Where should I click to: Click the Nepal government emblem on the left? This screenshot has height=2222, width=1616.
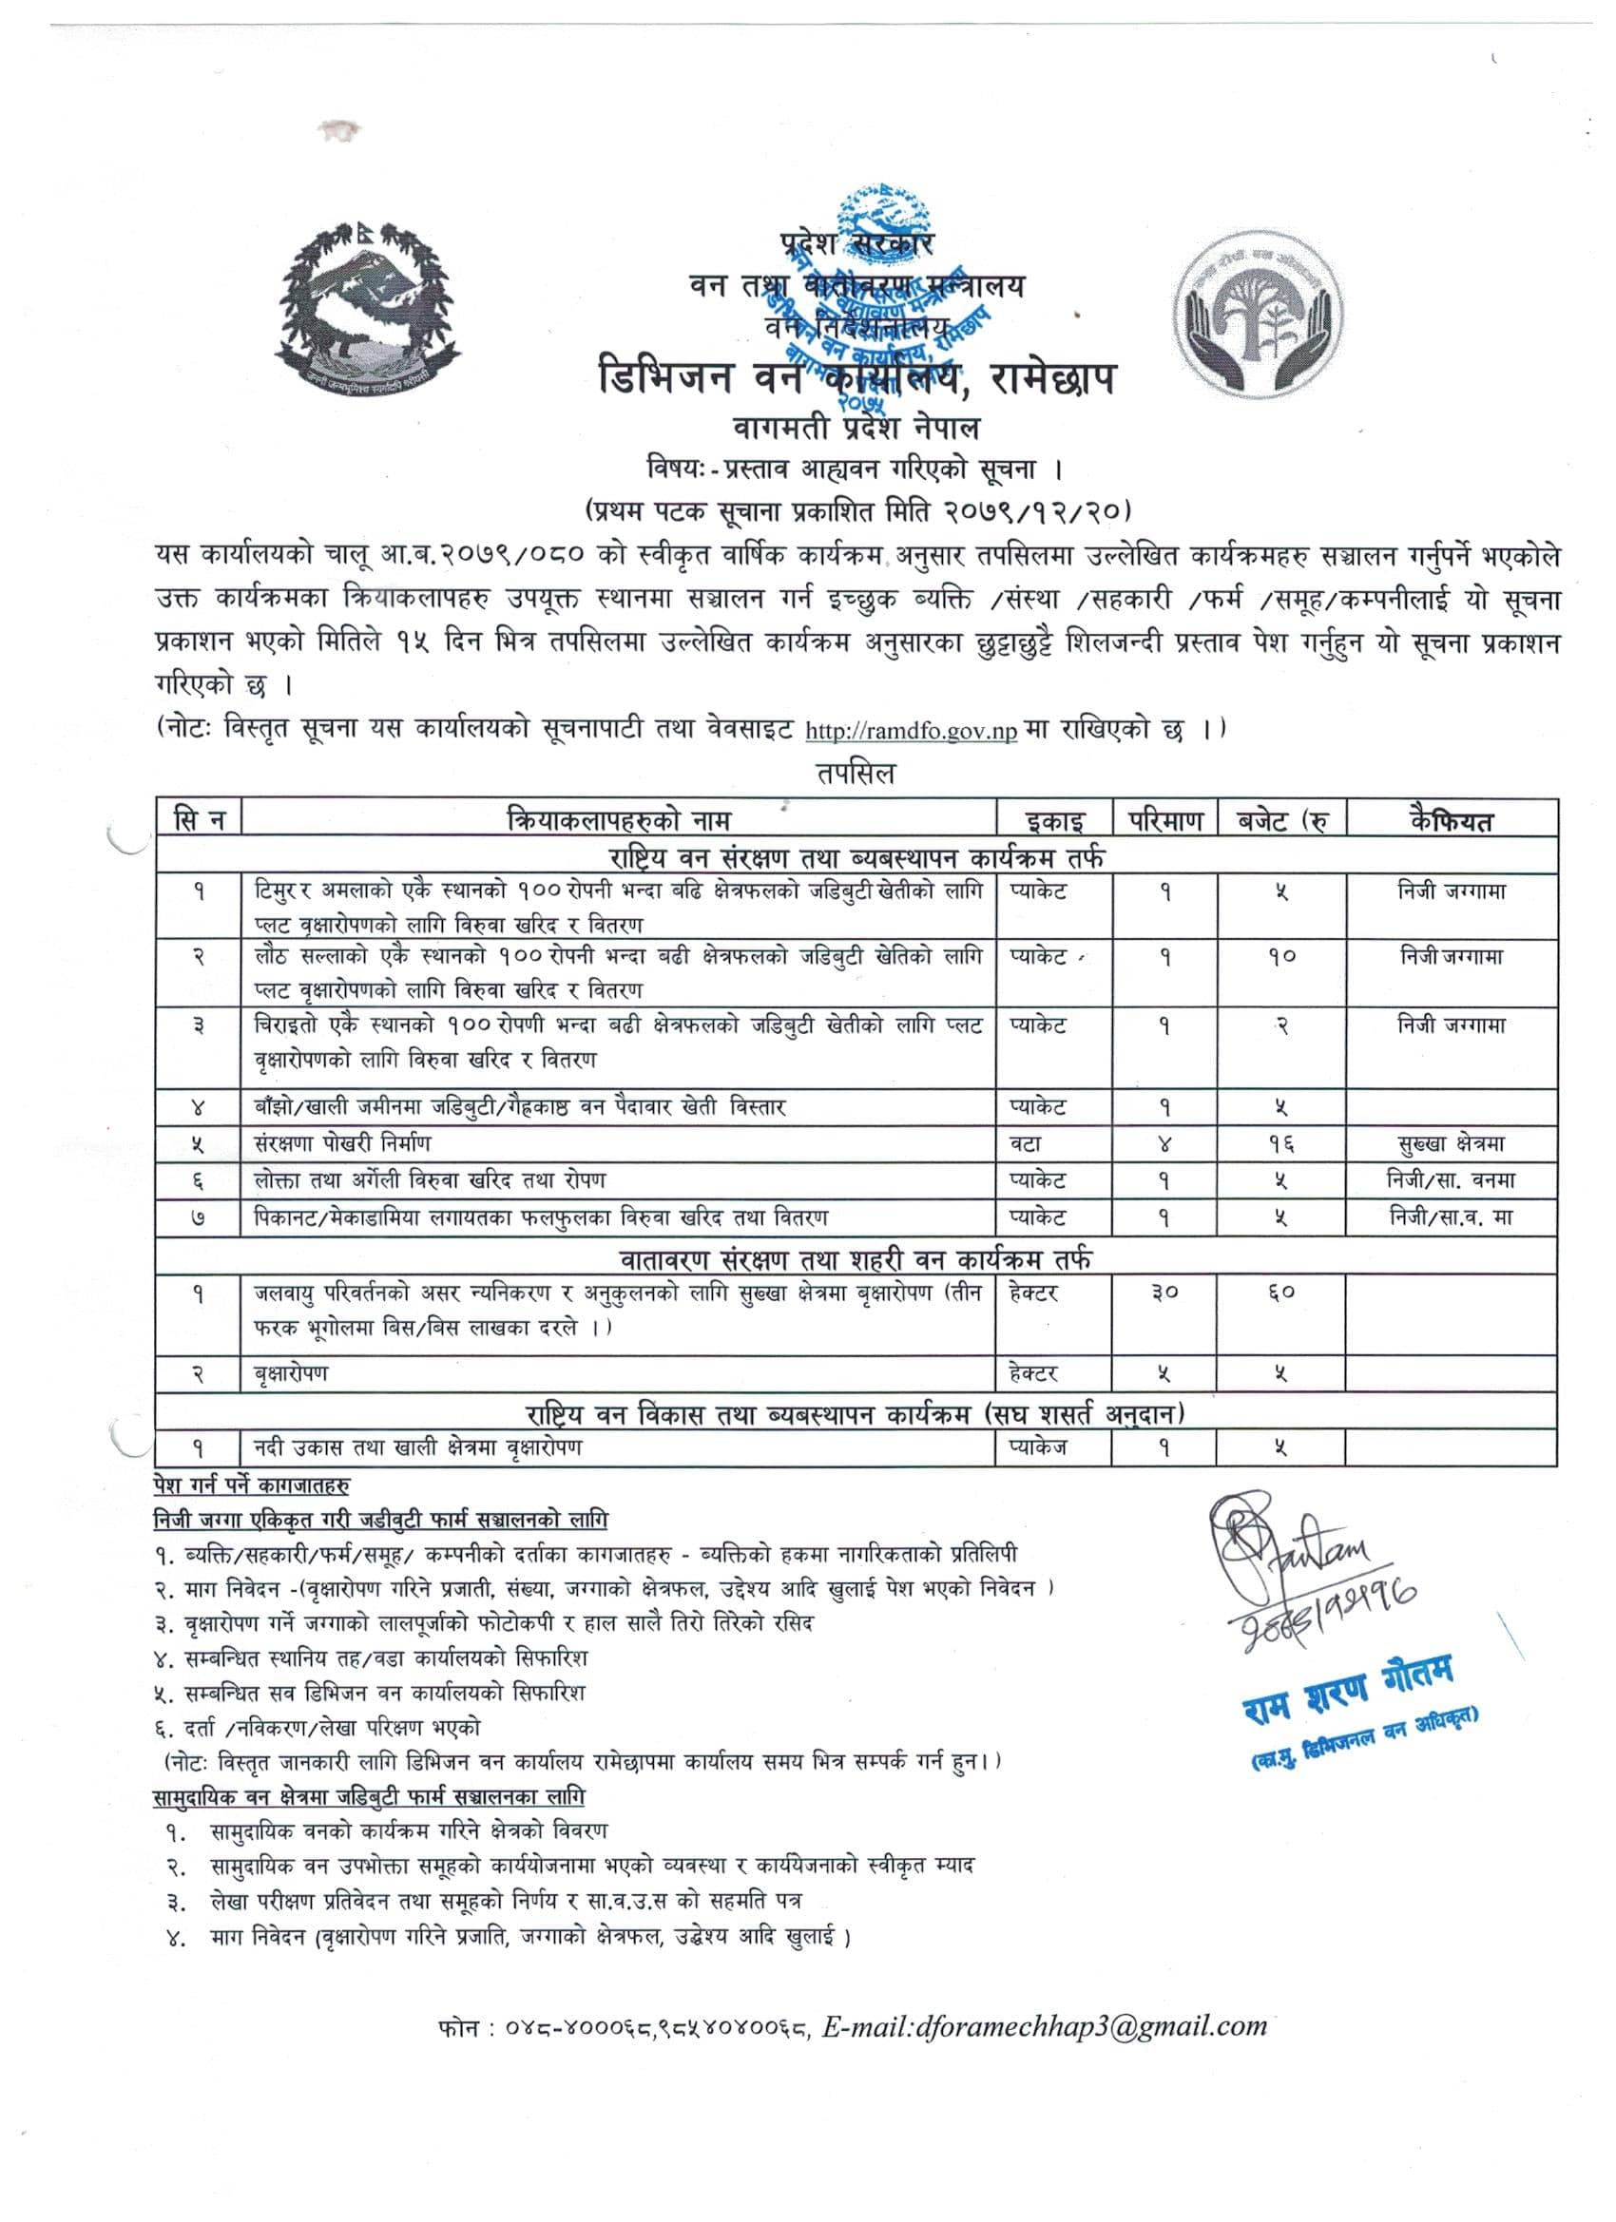(x=368, y=309)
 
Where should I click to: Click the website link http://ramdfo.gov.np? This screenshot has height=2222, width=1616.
(x=911, y=731)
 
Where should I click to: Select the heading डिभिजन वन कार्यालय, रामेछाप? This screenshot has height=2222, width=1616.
(x=857, y=378)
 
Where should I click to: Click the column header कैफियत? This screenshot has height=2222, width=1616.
(x=1451, y=819)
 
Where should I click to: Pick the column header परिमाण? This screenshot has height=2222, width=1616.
(x=1164, y=819)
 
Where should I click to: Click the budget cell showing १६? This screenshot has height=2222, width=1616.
(x=1280, y=1143)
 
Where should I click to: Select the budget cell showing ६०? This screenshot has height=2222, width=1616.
(x=1280, y=1293)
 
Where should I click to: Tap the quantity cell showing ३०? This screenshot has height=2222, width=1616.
(x=1164, y=1293)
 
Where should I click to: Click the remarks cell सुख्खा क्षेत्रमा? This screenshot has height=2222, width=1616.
(x=1451, y=1143)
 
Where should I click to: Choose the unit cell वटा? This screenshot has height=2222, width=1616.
(x=1026, y=1143)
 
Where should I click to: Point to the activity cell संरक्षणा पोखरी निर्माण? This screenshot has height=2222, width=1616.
(x=342, y=1143)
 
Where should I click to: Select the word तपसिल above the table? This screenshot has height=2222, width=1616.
(x=856, y=774)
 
